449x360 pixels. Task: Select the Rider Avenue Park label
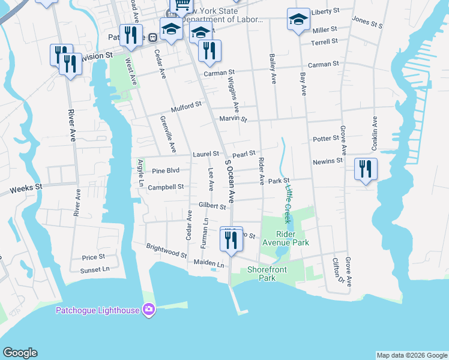[x=285, y=239]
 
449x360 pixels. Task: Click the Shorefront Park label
[x=262, y=274]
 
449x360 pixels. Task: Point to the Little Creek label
[x=288, y=203]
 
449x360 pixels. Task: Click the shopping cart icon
[x=181, y=6]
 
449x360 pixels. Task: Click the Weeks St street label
[x=26, y=190]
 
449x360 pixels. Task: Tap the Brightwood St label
[x=166, y=251]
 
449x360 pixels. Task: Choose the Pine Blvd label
[x=166, y=170]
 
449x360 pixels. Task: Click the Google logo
[x=20, y=353]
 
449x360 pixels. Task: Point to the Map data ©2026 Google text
[x=411, y=355]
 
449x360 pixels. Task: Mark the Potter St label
[x=326, y=139]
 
